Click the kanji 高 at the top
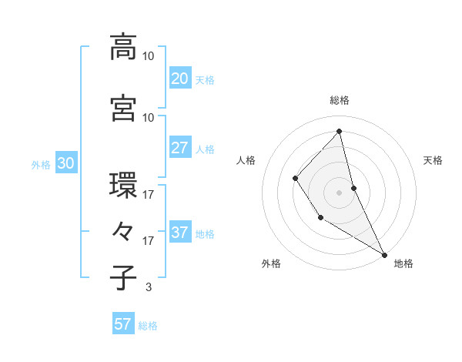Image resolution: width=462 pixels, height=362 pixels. pos(124,47)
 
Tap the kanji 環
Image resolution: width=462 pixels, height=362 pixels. pos(124,186)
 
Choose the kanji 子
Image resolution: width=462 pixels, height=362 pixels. pos(124,278)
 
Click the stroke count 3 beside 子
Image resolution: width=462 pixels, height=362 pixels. pos(148,287)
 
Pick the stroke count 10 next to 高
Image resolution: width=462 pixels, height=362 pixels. pos(149,56)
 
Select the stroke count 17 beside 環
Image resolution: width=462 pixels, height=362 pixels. pos(149,195)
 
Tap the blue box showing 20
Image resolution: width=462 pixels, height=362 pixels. pos(179,78)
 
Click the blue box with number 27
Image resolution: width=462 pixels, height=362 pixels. pos(179,148)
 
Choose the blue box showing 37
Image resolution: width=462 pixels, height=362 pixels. pos(179,233)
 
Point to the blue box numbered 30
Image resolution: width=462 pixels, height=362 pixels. pos(65,163)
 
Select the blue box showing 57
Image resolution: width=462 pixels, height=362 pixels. pos(123,324)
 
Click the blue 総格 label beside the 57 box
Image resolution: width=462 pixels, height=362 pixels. pos(148,326)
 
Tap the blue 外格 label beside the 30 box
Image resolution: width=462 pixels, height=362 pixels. pos(41,164)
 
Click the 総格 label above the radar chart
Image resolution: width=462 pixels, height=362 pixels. pos(340,100)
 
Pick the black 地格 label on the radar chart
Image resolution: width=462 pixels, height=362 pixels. pos(403,263)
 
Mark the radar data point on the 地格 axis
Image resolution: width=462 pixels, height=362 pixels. pos(384,254)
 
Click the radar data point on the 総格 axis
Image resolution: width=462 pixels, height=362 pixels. pos(340,132)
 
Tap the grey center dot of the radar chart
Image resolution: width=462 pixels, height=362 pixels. pos(339,192)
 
